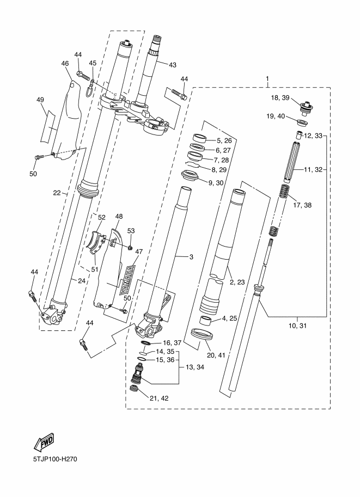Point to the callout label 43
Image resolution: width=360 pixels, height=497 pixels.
tap(173, 65)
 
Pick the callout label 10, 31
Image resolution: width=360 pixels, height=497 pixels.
tap(298, 326)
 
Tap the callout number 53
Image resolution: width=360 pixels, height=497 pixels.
tap(131, 231)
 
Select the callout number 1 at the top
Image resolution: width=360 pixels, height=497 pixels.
tap(267, 79)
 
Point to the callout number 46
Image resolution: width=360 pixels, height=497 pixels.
tap(65, 64)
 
